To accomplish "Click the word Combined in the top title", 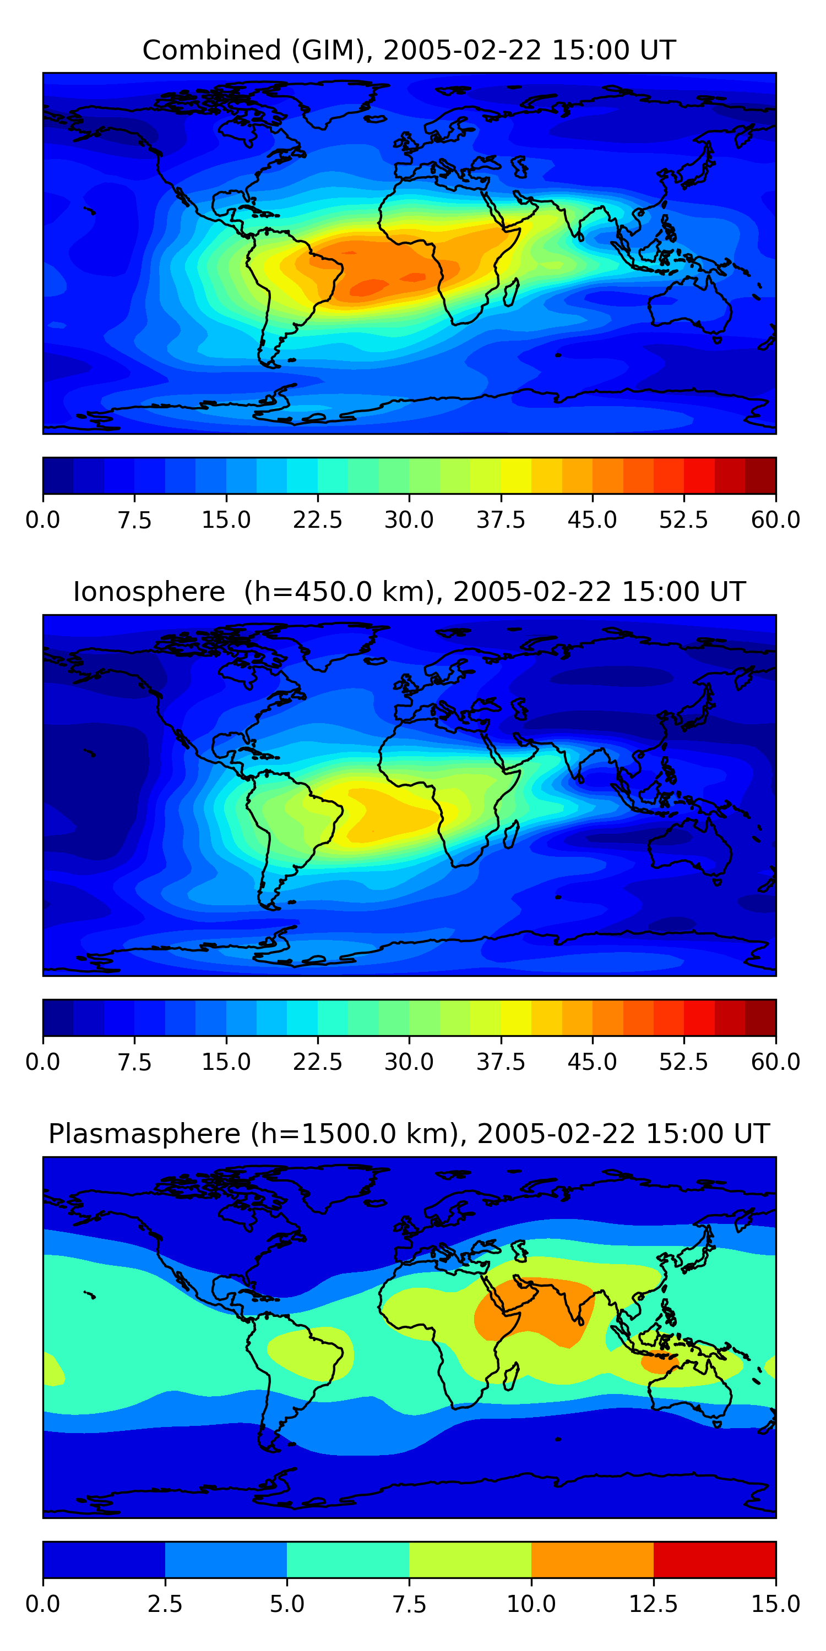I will [x=211, y=50].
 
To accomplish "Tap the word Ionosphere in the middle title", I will [x=149, y=592].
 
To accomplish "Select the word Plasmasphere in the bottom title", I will [x=144, y=1134].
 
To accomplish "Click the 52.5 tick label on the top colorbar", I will [x=683, y=520].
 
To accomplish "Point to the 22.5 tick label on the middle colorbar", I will [x=317, y=1062].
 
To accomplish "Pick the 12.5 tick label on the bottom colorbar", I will [x=653, y=1604].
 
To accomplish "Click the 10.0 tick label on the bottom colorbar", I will [x=531, y=1604].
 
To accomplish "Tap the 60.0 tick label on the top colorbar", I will [x=775, y=520].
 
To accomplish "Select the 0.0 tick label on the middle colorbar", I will [x=43, y=1062].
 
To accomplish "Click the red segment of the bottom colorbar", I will [x=714, y=1559].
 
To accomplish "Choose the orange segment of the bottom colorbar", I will [x=592, y=1559].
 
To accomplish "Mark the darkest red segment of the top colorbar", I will [x=760, y=475].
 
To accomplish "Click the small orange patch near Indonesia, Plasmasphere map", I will [x=659, y=1362].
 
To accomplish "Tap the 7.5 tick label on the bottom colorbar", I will [x=409, y=1604].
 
